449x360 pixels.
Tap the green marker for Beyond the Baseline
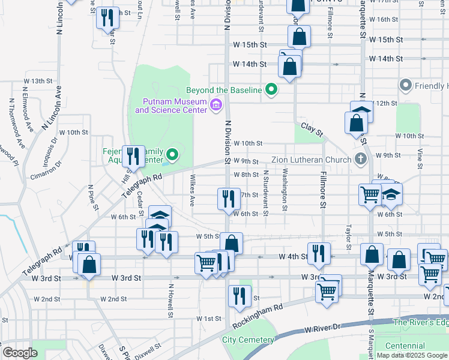click(271, 91)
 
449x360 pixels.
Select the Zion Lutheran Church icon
click(360, 159)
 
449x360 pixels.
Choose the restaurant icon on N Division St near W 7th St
click(228, 198)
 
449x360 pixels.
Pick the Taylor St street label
click(348, 238)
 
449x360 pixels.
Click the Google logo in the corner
click(20, 353)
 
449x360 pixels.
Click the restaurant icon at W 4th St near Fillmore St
click(318, 254)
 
